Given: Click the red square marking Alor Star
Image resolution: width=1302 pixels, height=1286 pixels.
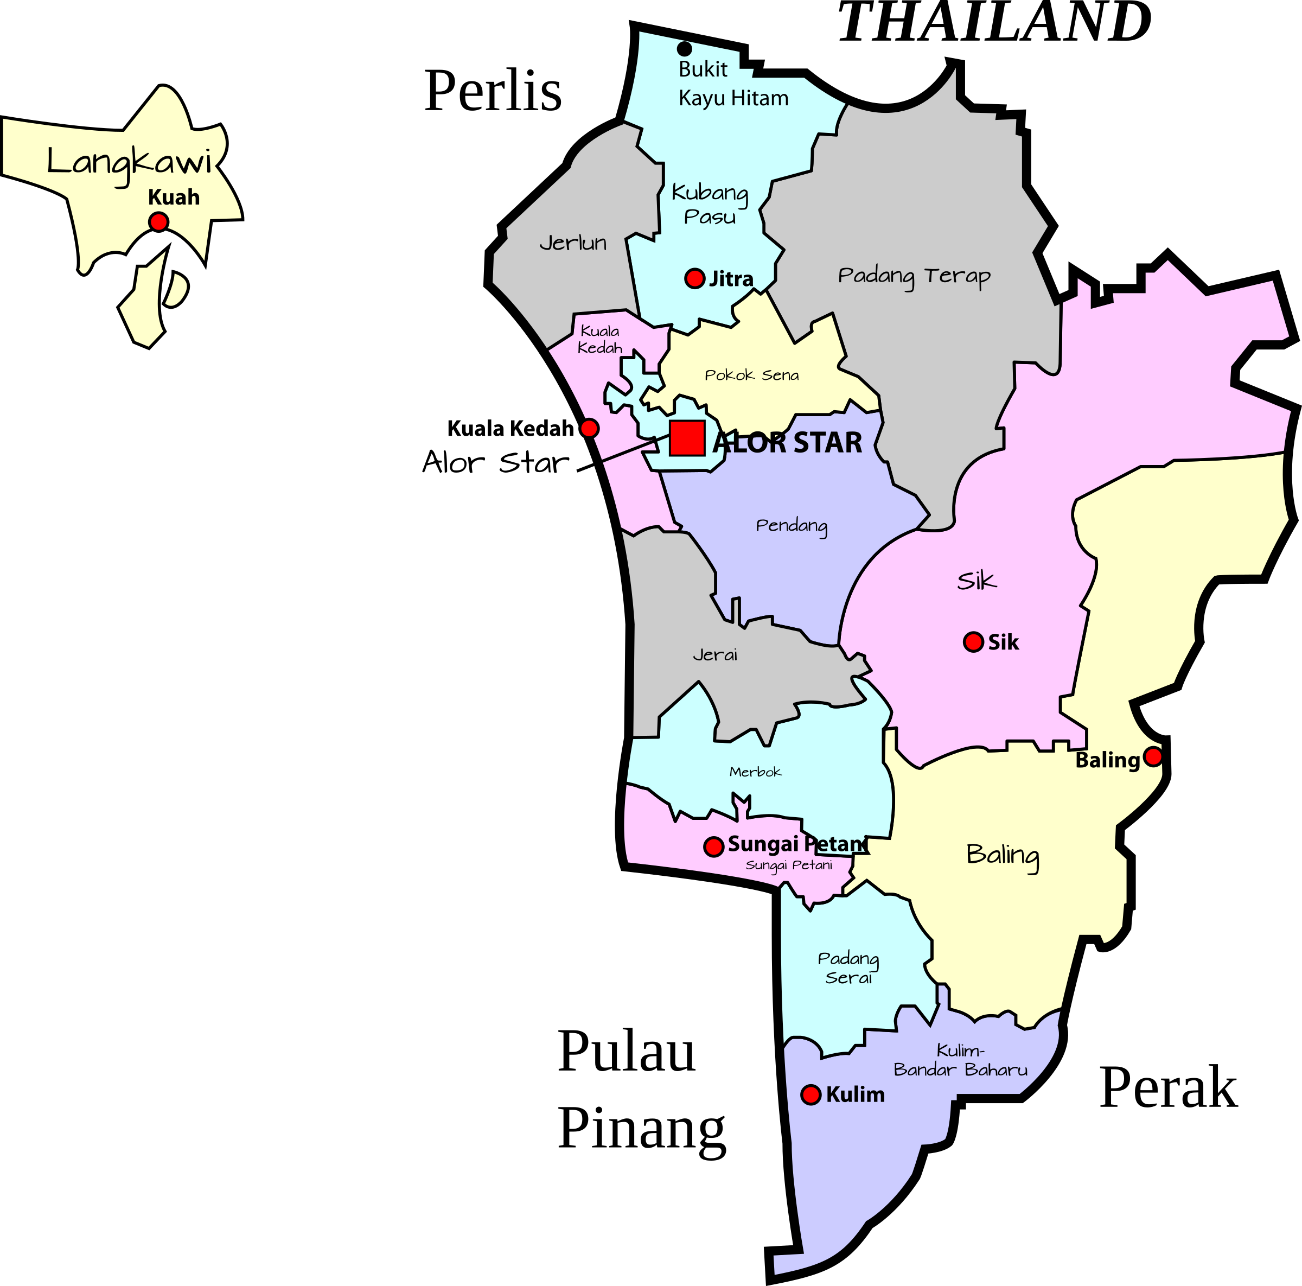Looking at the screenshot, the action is pyautogui.click(x=687, y=438).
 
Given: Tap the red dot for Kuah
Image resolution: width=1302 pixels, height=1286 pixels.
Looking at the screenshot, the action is pyautogui.click(x=158, y=222).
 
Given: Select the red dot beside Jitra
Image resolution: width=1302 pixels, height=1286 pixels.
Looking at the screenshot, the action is pyautogui.click(x=694, y=278).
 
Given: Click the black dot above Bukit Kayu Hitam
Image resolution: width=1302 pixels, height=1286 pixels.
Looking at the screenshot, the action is pyautogui.click(x=684, y=48).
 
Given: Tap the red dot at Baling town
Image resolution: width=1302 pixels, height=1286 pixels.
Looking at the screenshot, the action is pyautogui.click(x=1153, y=756).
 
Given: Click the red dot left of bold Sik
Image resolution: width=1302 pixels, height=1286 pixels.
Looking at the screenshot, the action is pyautogui.click(x=973, y=642).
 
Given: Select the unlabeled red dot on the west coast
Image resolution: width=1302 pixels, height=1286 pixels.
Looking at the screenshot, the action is pyautogui.click(x=589, y=428).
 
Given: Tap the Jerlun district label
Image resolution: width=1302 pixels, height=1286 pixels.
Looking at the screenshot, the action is pyautogui.click(x=573, y=243).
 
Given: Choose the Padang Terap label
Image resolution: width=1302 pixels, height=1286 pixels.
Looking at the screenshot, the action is pyautogui.click(x=914, y=276).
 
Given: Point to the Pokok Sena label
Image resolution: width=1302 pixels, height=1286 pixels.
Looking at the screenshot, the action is pyautogui.click(x=751, y=375).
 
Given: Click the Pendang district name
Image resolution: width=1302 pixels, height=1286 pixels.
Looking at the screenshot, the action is pyautogui.click(x=791, y=526).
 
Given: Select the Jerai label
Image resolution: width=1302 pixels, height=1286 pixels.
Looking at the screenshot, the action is pyautogui.click(x=715, y=654).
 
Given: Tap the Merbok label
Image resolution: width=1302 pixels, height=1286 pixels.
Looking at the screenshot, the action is pyautogui.click(x=755, y=772).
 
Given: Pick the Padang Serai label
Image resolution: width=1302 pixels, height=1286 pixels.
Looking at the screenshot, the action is pyautogui.click(x=848, y=968).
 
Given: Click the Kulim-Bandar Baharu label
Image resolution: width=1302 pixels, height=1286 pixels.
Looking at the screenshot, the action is pyautogui.click(x=960, y=1060).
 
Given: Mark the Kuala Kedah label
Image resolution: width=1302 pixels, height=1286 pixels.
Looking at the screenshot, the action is pyautogui.click(x=600, y=340).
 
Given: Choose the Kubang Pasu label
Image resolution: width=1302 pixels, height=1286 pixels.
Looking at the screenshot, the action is pyautogui.click(x=710, y=204).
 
